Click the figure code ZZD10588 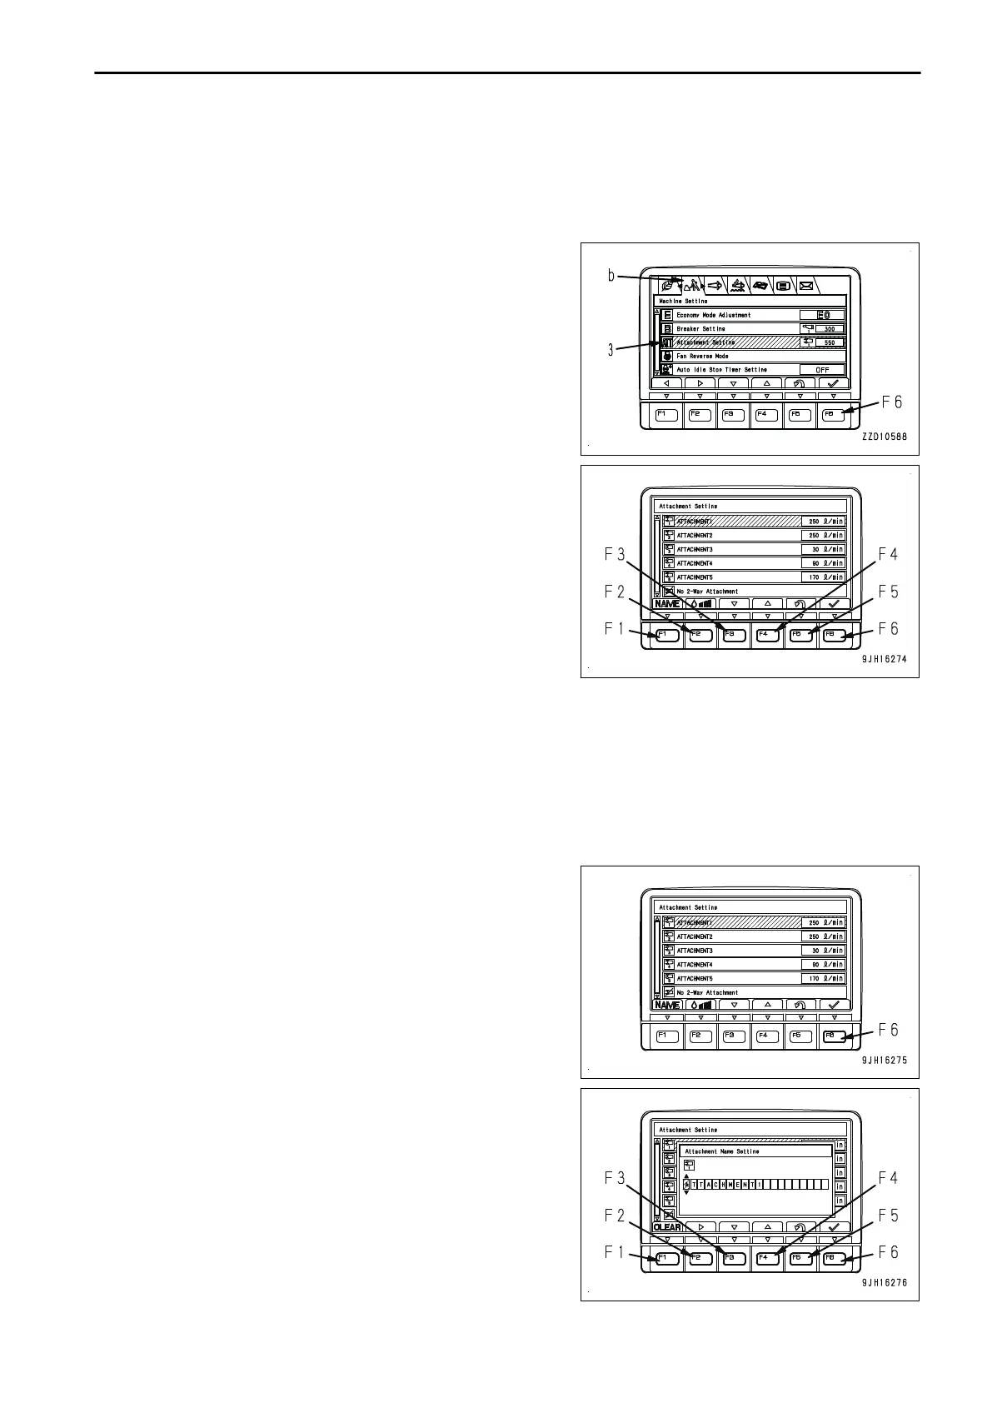(x=884, y=436)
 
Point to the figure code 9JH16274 (x=884, y=658)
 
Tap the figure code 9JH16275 (x=884, y=1061)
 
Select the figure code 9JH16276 (x=884, y=1283)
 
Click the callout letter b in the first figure (x=611, y=276)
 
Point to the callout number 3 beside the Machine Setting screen (x=611, y=351)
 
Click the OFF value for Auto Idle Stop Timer (x=822, y=370)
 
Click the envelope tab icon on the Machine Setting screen (x=806, y=285)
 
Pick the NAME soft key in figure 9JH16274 (x=666, y=604)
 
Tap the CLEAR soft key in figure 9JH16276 (x=667, y=1227)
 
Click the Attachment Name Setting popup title (x=722, y=1151)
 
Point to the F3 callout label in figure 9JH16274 (x=615, y=554)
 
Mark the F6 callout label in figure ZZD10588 (x=890, y=402)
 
